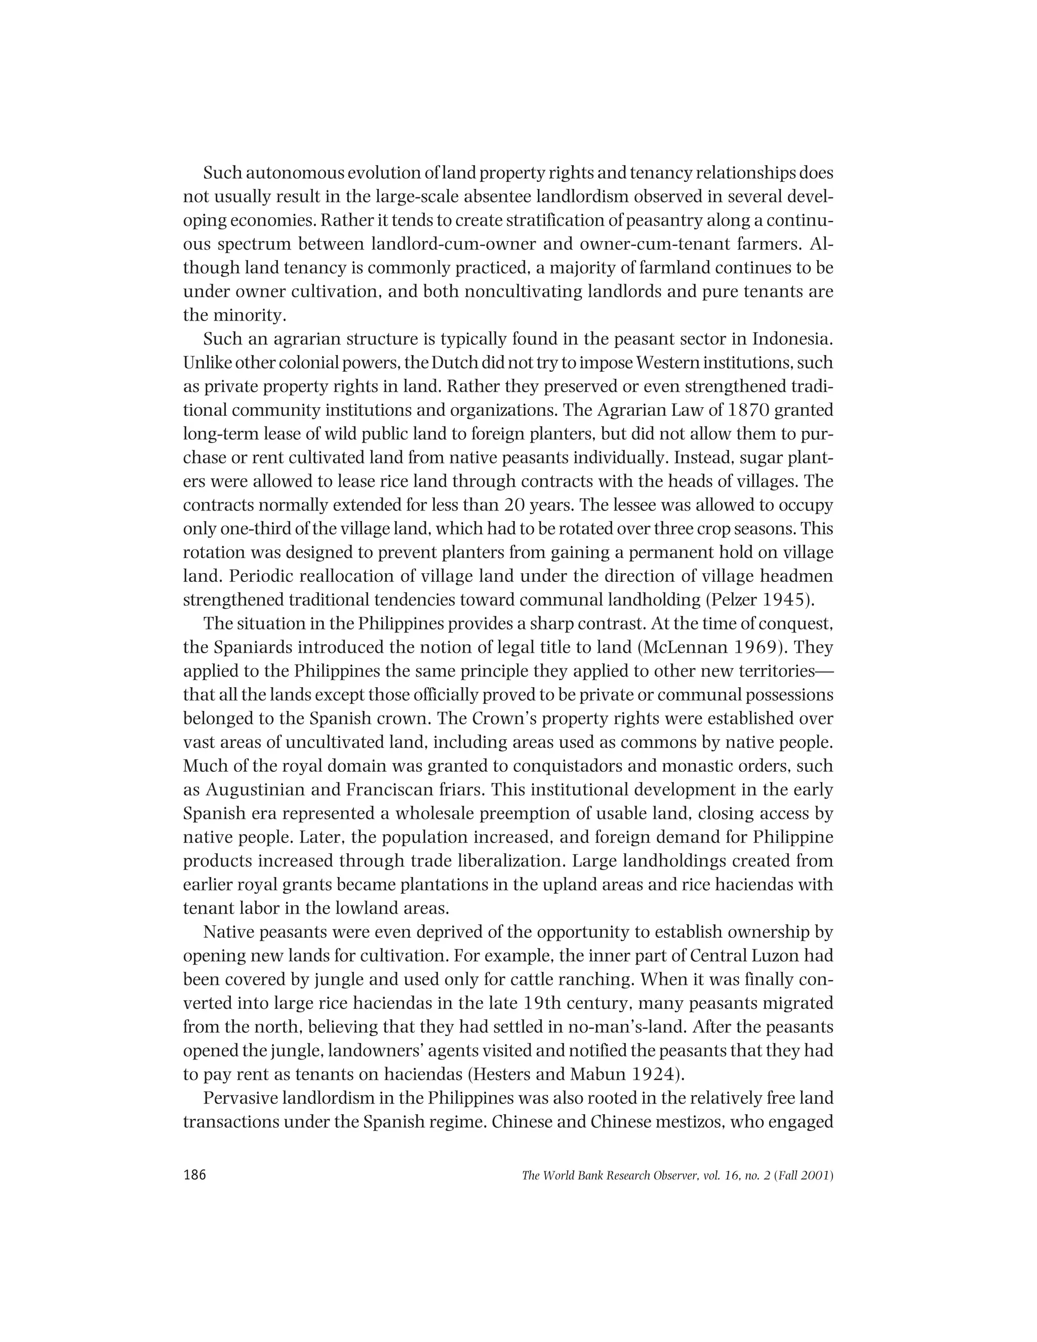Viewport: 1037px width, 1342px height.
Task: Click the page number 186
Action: coord(195,1175)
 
